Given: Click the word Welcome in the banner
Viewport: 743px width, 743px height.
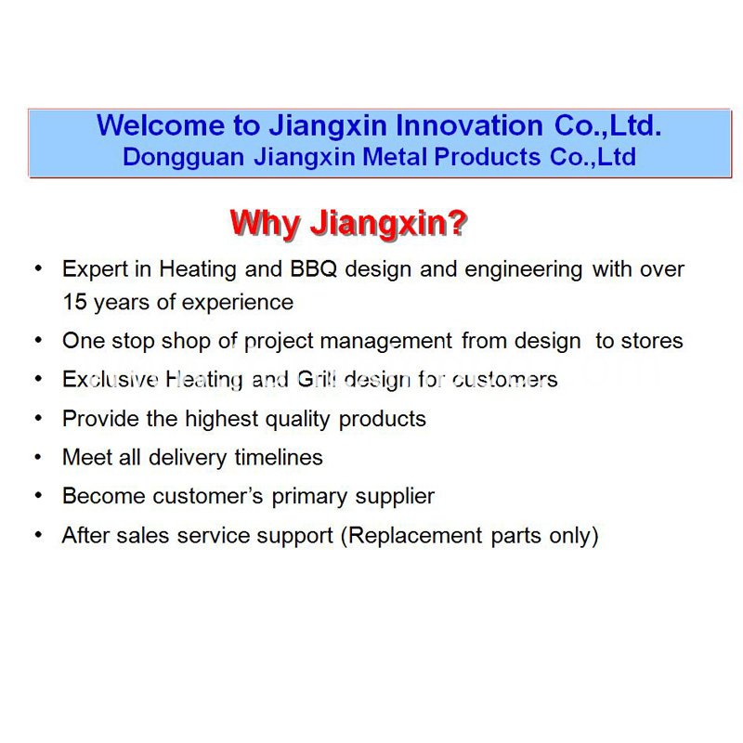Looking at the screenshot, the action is (161, 125).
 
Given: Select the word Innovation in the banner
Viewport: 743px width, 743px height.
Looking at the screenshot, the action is (469, 125).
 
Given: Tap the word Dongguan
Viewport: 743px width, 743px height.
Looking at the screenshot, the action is (183, 158).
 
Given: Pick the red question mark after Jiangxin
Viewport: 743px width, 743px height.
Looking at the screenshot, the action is (457, 222).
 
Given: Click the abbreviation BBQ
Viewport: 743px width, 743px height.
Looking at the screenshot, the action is (314, 269).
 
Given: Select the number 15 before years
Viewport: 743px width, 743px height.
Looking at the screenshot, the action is (75, 302).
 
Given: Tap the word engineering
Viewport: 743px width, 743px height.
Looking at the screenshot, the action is (524, 270).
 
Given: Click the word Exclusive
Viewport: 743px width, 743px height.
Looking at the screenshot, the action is (110, 379).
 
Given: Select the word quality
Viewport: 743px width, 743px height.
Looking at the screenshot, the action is (297, 420).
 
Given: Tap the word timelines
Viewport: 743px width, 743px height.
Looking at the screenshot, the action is (279, 457).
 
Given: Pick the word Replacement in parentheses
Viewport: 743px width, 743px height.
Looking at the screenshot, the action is (415, 537).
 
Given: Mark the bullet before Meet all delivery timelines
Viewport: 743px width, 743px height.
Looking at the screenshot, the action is (38, 457).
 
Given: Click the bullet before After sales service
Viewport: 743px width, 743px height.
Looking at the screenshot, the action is (38, 535).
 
